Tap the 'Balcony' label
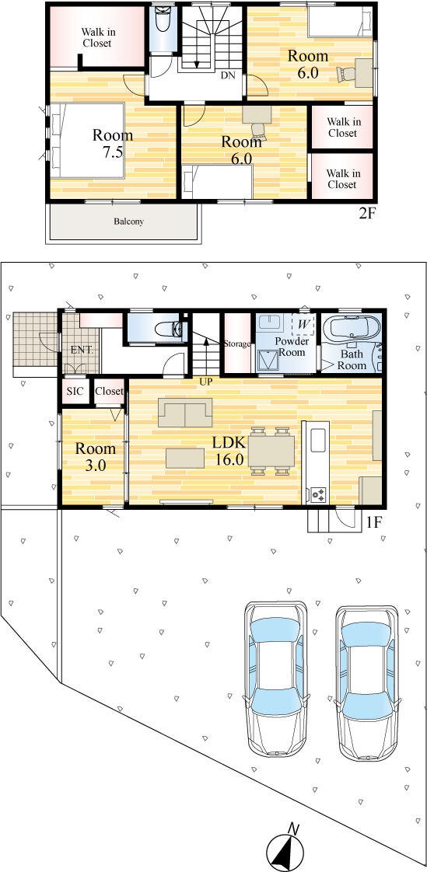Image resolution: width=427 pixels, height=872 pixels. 129,221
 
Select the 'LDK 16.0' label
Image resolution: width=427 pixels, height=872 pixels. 228,451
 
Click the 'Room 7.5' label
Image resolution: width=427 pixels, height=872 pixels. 113,144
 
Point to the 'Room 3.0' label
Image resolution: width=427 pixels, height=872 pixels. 96,456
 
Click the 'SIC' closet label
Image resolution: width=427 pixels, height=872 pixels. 75,391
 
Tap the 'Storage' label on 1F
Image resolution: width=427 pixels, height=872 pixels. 237,344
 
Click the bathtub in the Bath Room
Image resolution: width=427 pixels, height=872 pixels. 350,330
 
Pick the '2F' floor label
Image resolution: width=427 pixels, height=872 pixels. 366,214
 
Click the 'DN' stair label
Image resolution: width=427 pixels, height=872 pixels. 228,75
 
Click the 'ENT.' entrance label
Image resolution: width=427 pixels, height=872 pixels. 82,351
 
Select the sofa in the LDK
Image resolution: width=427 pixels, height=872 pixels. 185,412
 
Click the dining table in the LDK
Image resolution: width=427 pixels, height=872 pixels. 271,451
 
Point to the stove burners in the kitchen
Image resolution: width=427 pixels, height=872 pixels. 318,492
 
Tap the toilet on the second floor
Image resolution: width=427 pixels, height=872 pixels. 163,20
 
